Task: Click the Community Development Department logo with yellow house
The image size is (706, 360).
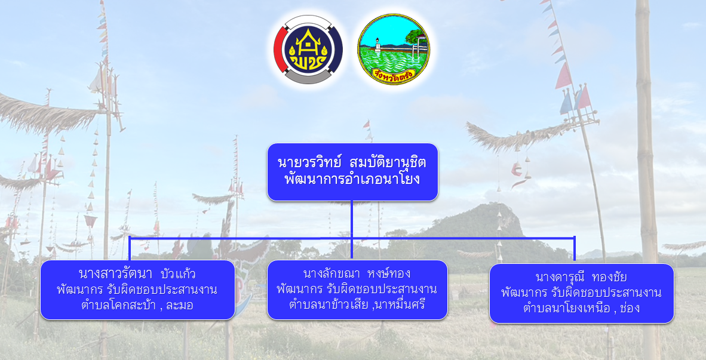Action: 308,49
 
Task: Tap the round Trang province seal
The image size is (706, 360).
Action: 394,50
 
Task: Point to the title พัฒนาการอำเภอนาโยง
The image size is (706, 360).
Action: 352,179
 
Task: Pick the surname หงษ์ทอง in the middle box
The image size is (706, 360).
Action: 389,273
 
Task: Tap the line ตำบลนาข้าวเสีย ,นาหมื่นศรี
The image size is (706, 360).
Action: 357,304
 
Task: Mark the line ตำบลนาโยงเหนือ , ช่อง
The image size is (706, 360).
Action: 581,308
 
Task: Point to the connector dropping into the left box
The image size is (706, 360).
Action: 130,248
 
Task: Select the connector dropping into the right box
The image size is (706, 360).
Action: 575,250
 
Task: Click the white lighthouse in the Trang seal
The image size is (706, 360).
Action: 377,45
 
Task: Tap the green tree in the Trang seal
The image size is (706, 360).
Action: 414,35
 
